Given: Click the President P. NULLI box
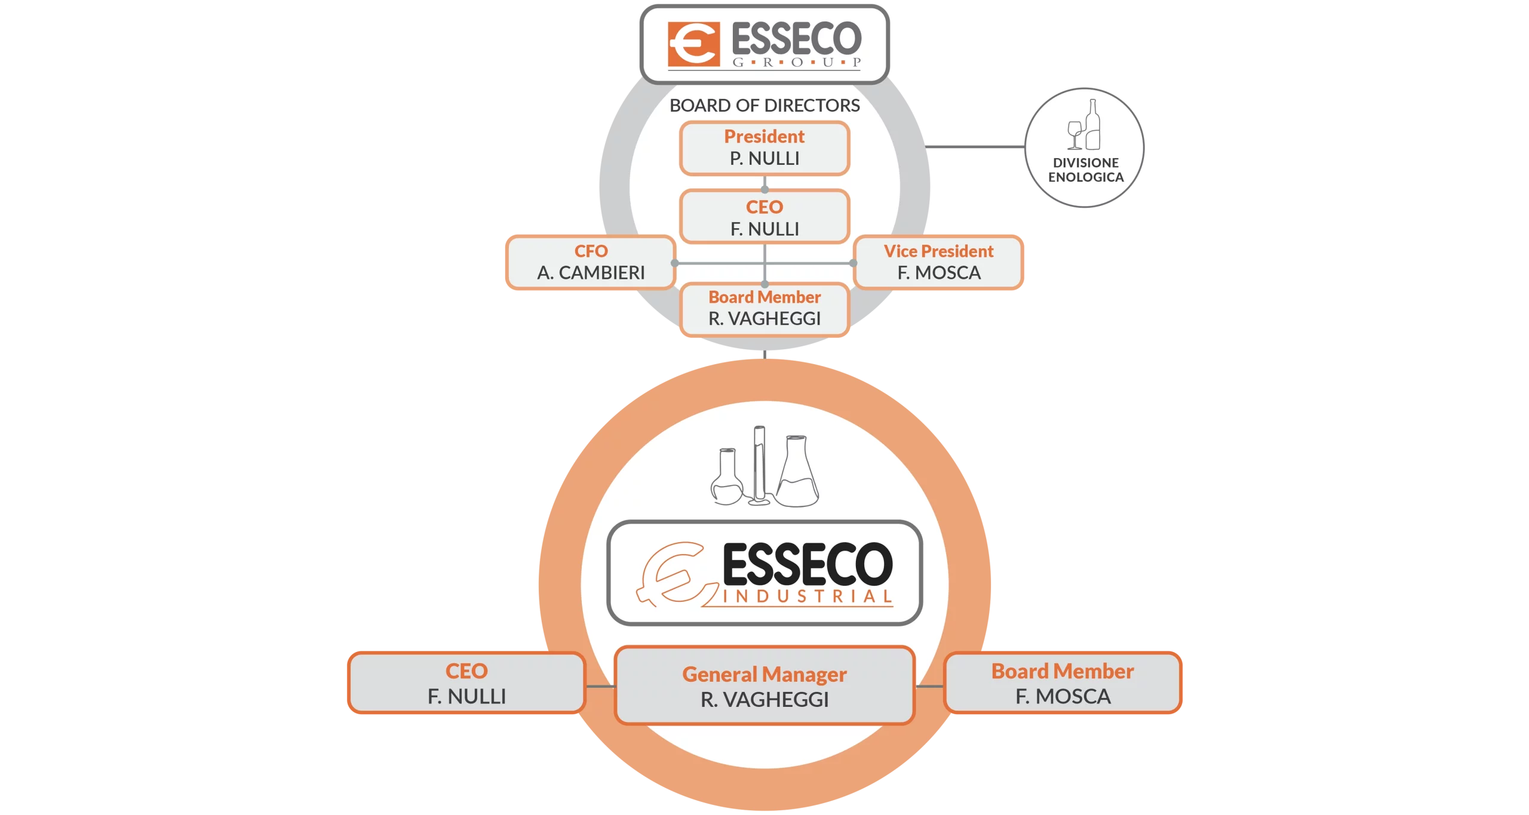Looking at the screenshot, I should point(764,148).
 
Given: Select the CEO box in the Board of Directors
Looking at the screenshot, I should point(764,217).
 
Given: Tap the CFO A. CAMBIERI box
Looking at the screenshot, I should point(591,263).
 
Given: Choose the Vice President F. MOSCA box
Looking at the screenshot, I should point(938,263).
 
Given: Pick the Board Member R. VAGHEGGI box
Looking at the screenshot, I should point(764,309).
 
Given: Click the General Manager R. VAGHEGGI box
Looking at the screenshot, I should point(764,686).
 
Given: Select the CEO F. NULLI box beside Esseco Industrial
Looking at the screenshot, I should point(466,683).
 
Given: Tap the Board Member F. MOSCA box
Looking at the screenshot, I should point(1063,683).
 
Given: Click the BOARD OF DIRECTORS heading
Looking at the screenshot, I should point(764,106).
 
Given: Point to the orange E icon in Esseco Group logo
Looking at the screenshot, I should point(693,44).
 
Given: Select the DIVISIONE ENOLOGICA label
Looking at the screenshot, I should point(1086,170).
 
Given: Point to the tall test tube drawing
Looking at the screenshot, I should point(759,463).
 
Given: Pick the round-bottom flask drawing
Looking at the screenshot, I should point(727,478).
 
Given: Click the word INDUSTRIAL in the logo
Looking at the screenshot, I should point(808,596).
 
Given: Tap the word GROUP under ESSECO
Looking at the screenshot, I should point(797,62).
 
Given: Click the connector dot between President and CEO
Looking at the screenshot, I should point(764,189).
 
